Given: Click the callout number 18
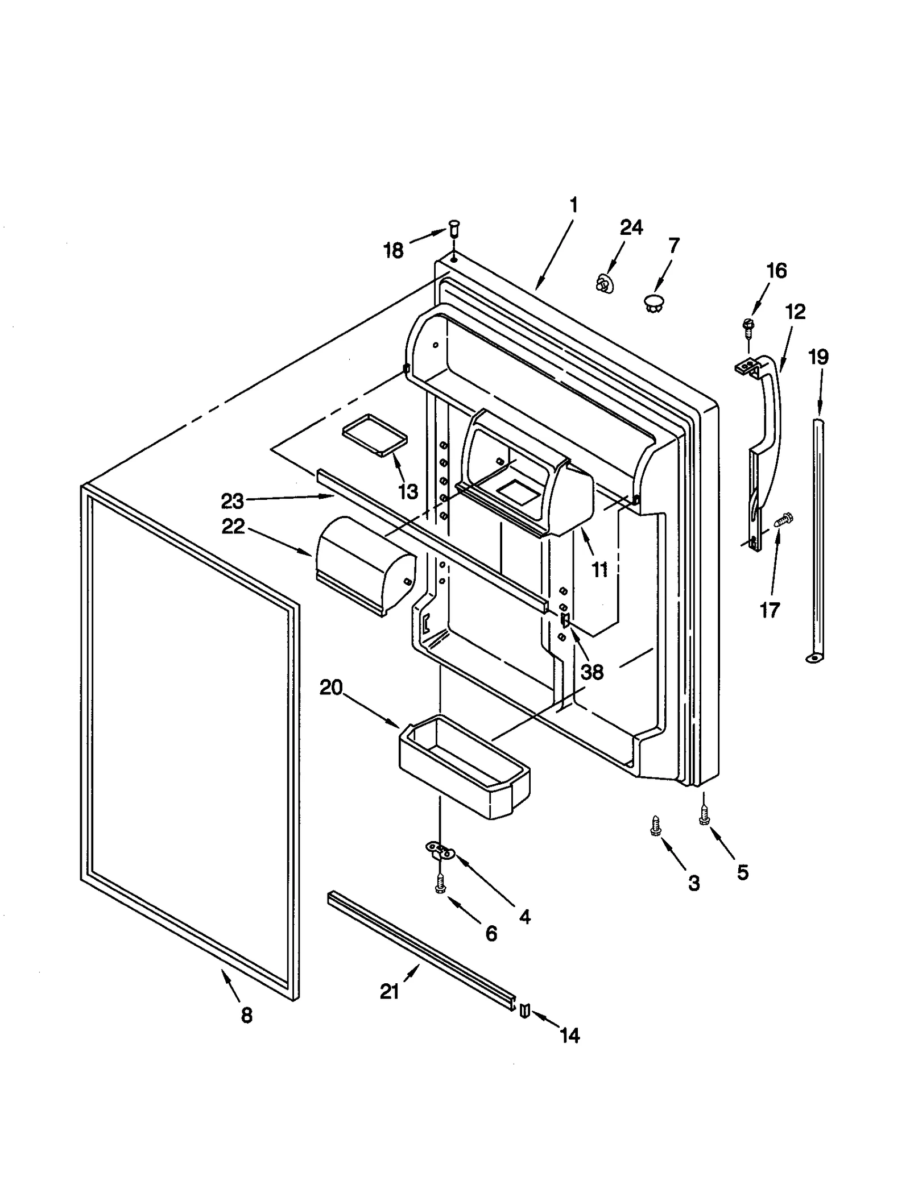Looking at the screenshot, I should (394, 250).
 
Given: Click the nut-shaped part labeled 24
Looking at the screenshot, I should (603, 283).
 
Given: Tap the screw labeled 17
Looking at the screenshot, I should (784, 519).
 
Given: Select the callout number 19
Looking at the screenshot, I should (818, 357).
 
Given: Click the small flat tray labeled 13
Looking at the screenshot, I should (375, 434).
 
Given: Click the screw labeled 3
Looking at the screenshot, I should (655, 825).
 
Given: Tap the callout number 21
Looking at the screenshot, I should (390, 992).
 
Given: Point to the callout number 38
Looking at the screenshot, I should (592, 672).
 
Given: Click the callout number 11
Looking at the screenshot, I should (599, 569).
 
